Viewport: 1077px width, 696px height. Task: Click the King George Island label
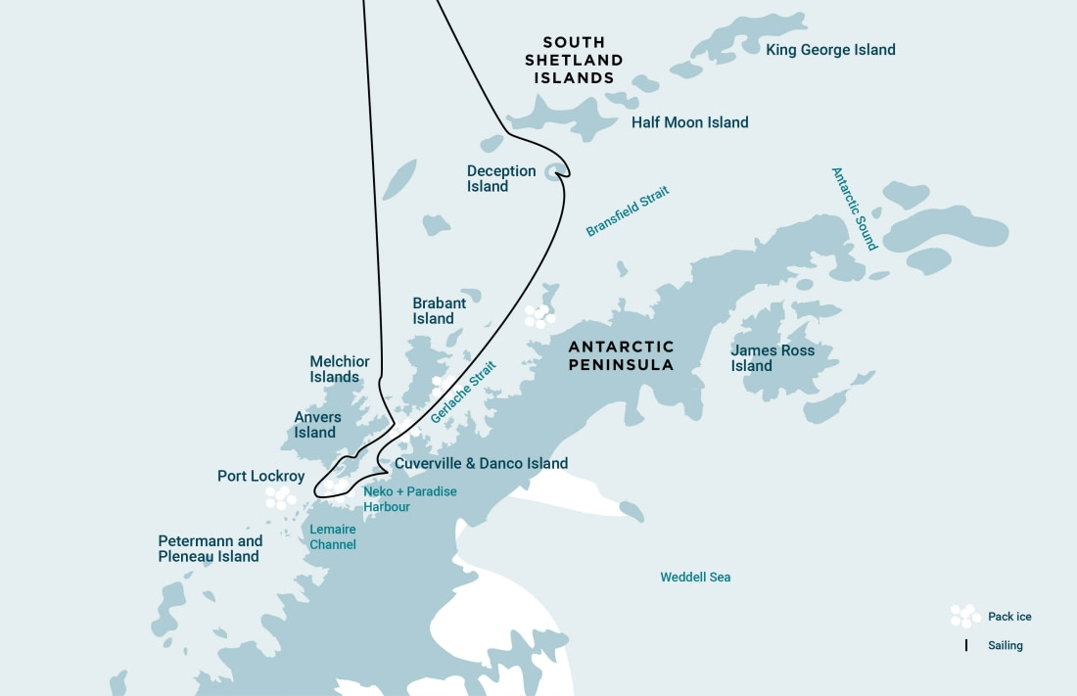pyautogui.click(x=830, y=50)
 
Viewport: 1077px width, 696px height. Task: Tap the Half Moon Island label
pyautogui.click(x=689, y=122)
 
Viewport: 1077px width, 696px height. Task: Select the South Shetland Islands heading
pyautogui.click(x=574, y=61)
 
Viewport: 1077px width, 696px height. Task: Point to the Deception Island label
pyautogui.click(x=501, y=178)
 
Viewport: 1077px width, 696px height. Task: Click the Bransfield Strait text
pyautogui.click(x=627, y=212)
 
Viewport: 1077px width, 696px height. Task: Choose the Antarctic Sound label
pyautogui.click(x=854, y=209)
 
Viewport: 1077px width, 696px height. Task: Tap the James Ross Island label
pyautogui.click(x=773, y=358)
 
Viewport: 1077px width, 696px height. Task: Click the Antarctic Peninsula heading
pyautogui.click(x=622, y=355)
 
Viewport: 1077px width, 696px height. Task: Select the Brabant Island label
pyautogui.click(x=439, y=311)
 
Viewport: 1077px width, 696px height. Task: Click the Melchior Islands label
pyautogui.click(x=340, y=369)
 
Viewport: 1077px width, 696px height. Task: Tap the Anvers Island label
pyautogui.click(x=317, y=425)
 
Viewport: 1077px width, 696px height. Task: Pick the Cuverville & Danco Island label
pyautogui.click(x=481, y=463)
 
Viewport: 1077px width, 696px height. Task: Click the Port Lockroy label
pyautogui.click(x=260, y=477)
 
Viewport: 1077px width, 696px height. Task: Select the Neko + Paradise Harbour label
pyautogui.click(x=409, y=499)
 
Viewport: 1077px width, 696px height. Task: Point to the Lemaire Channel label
pyautogui.click(x=333, y=536)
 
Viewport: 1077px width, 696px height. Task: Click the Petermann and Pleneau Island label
pyautogui.click(x=210, y=549)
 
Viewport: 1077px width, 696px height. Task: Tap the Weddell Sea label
pyautogui.click(x=695, y=578)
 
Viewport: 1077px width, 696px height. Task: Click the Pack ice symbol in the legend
pyautogui.click(x=964, y=616)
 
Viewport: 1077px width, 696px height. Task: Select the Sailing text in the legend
pyautogui.click(x=1006, y=646)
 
